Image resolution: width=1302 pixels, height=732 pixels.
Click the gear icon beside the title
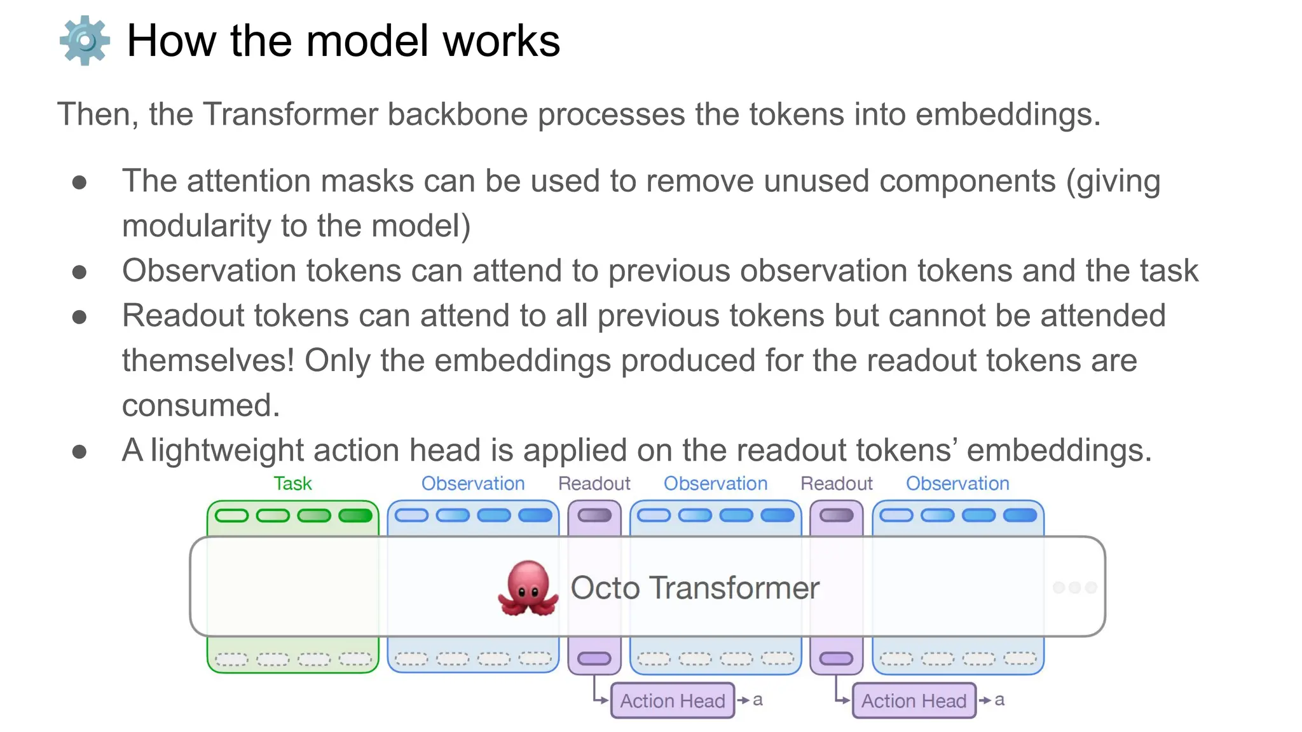(85, 41)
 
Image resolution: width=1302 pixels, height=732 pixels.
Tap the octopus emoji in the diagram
(528, 588)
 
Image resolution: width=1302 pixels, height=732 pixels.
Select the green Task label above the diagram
(292, 484)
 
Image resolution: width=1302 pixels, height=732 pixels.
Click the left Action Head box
(672, 700)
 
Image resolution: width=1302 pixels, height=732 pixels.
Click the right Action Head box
(914, 700)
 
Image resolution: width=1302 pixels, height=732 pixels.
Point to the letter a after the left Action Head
(758, 700)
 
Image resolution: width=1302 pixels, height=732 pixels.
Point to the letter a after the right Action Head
(999, 700)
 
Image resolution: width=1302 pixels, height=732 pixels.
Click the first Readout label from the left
(594, 484)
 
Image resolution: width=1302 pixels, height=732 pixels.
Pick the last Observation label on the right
(957, 484)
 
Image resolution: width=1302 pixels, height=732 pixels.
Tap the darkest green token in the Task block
(355, 515)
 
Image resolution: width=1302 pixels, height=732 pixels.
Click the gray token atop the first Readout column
(594, 515)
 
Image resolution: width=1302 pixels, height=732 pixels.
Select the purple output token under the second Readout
(836, 658)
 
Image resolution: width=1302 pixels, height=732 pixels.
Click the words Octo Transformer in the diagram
(695, 588)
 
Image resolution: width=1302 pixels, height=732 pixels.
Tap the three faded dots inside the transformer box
(1074, 588)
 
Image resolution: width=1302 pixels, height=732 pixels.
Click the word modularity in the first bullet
(196, 226)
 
